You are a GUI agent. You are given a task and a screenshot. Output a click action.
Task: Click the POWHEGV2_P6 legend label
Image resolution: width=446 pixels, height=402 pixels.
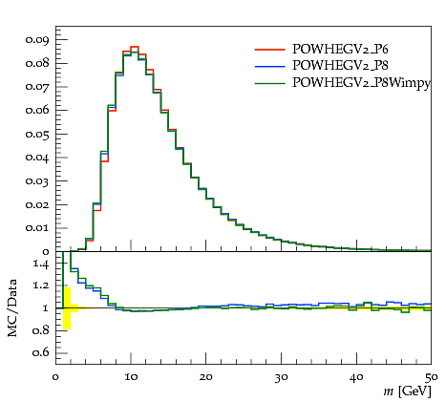[340, 49]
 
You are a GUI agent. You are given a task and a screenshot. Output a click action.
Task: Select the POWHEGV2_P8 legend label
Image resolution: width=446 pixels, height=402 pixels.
[340, 65]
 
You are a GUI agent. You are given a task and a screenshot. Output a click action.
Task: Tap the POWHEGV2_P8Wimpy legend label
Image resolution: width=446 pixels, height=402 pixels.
[361, 83]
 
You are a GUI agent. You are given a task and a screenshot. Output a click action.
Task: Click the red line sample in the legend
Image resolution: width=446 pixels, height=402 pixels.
[269, 50]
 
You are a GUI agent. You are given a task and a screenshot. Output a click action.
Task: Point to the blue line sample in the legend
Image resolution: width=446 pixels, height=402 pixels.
[269, 66]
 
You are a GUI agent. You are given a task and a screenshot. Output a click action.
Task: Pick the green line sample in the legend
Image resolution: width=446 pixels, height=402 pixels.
[269, 83]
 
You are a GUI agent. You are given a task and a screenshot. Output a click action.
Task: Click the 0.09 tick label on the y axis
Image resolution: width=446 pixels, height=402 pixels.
[37, 40]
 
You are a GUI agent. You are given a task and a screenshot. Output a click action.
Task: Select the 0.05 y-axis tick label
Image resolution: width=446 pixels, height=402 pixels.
[37, 134]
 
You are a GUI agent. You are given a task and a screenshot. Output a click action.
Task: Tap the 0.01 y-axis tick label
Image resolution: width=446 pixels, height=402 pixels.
[37, 228]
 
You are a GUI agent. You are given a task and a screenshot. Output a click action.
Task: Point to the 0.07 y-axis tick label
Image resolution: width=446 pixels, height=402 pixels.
[37, 87]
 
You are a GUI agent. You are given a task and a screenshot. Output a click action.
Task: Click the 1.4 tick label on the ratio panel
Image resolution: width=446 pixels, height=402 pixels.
[41, 264]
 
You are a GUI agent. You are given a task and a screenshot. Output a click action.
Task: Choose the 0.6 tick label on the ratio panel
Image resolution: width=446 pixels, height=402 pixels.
[40, 352]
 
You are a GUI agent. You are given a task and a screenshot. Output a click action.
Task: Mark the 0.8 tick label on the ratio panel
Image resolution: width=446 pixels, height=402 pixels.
[40, 330]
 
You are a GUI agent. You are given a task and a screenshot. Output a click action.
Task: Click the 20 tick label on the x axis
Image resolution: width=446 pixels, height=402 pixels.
[206, 377]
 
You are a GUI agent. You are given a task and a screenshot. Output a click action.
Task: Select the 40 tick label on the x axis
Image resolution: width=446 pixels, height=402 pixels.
[356, 377]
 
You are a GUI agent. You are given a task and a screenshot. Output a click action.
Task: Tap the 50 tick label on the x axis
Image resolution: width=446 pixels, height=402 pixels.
[431, 377]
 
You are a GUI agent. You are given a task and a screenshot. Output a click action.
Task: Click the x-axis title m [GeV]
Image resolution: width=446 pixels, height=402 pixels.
[408, 391]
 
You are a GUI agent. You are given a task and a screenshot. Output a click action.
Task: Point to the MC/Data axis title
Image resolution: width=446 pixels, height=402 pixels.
[12, 307]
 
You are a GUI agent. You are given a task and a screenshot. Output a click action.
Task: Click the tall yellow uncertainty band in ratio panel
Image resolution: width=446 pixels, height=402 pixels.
[67, 308]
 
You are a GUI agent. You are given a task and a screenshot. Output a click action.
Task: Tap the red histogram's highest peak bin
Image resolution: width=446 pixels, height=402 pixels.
[135, 47]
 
